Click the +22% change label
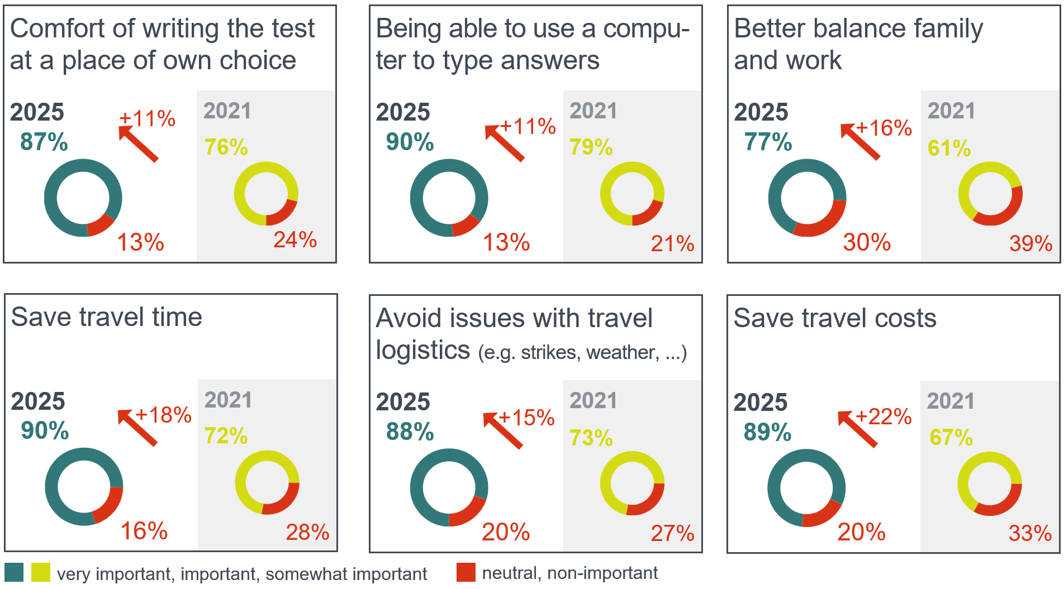point(883,416)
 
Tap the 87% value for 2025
point(44,142)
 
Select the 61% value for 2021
point(949,148)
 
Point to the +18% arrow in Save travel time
point(137,428)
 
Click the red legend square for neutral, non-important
point(465,572)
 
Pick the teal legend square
point(14,572)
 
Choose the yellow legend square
point(40,572)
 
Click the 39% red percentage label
point(1030,243)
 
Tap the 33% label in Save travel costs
point(1030,533)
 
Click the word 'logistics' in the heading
point(422,350)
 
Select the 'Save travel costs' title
point(834,318)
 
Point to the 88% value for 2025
point(410,432)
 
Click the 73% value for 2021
point(591,438)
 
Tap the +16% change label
point(884,128)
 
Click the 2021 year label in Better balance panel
point(951,111)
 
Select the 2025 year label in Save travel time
point(38,401)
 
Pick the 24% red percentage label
point(295,240)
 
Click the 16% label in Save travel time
point(144,531)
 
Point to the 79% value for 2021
point(591,147)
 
